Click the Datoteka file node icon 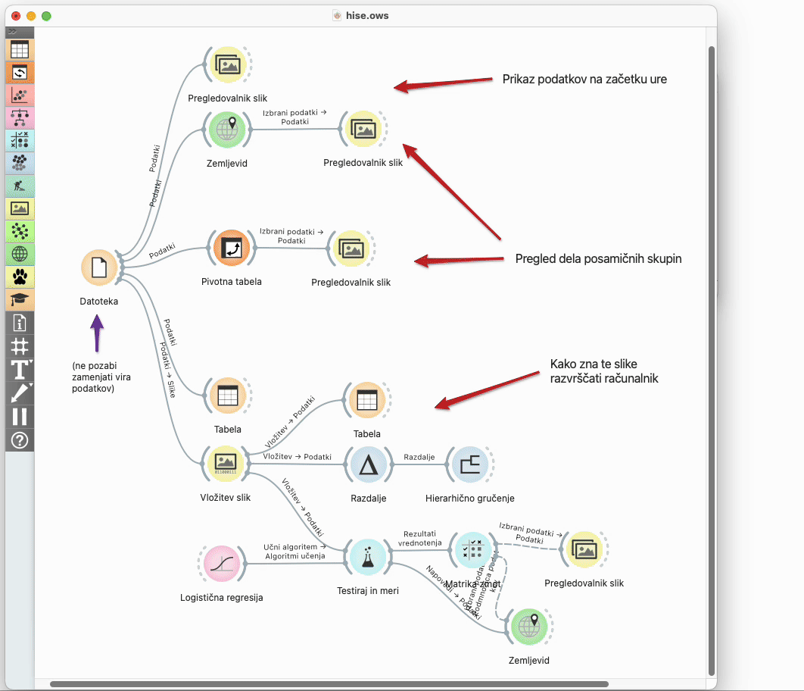tap(99, 268)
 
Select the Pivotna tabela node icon tap(231, 249)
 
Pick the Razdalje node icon tap(369, 464)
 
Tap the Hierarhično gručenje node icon tap(469, 464)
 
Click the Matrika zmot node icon tap(470, 551)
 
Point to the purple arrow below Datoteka tap(96, 333)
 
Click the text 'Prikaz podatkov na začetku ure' tap(584, 79)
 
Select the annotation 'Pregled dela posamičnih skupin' tap(598, 258)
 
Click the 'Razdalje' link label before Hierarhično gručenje tap(419, 457)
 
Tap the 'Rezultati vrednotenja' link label tap(420, 538)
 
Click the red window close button tap(16, 15)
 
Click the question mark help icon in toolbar tap(20, 439)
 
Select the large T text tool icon tap(20, 370)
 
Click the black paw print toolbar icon tap(20, 277)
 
